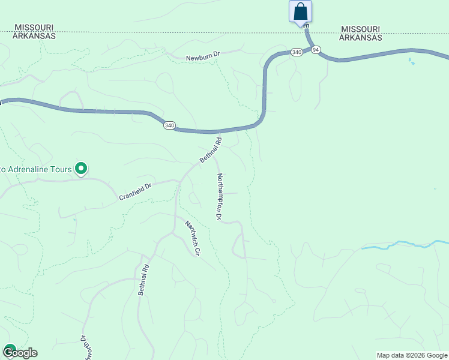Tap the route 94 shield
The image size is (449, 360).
point(316,49)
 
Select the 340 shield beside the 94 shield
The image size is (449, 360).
point(297,52)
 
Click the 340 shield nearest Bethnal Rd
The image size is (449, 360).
point(169,125)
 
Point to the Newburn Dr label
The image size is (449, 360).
point(203,57)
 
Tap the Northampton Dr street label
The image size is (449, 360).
point(220,196)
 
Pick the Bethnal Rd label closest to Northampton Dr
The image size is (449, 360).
point(211,151)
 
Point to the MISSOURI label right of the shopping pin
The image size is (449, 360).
point(360,29)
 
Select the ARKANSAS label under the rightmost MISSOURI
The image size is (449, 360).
point(360,37)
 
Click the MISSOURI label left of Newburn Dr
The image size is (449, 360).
point(35,28)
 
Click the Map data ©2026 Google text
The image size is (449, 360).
point(411,355)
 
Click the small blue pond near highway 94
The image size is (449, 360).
point(411,61)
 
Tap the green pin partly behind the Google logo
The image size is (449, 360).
point(9,348)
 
